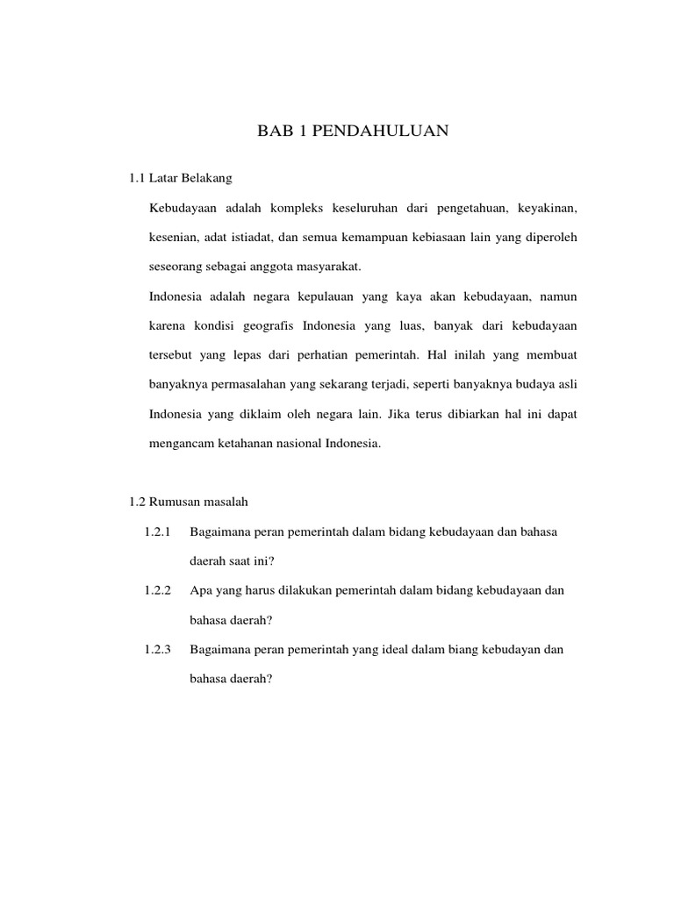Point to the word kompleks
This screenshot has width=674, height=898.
[300, 208]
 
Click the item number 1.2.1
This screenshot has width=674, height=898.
[157, 532]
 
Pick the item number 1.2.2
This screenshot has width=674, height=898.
[157, 591]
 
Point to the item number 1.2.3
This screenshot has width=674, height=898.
[157, 650]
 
